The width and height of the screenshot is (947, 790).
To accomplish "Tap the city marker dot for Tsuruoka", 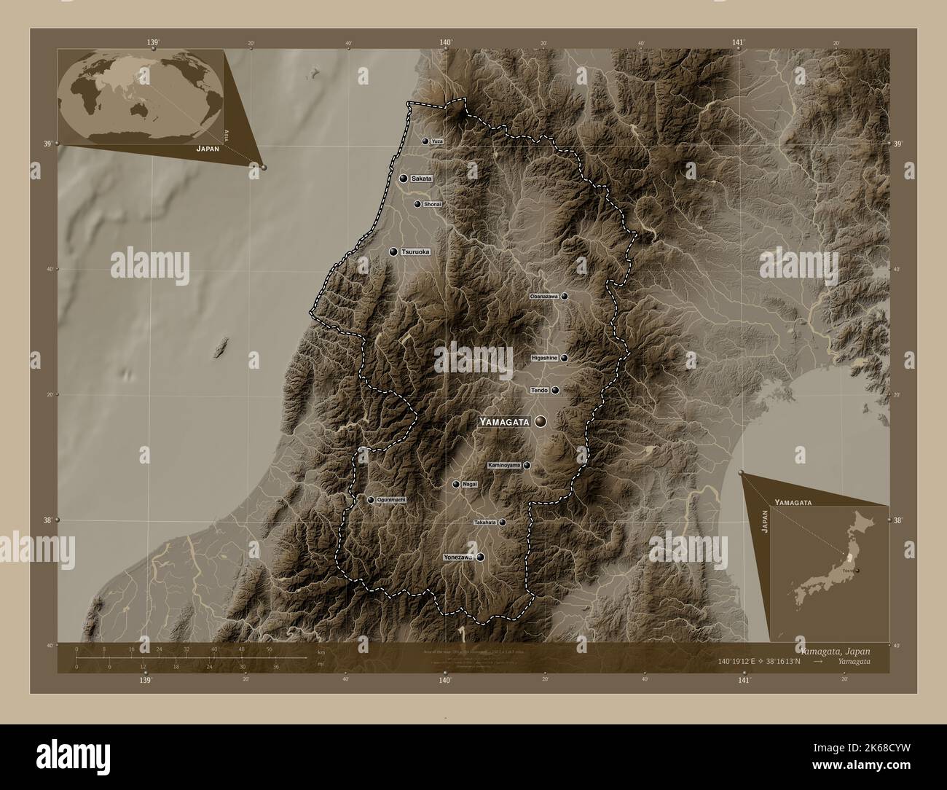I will click(x=393, y=252).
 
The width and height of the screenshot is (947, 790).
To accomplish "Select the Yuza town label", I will click(x=436, y=141).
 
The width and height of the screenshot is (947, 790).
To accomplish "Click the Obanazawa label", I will click(x=544, y=297).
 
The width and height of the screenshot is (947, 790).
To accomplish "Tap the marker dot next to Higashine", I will click(x=564, y=359).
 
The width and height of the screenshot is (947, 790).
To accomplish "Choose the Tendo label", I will click(x=540, y=391).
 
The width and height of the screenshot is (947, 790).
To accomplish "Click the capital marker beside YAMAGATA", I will click(x=541, y=422).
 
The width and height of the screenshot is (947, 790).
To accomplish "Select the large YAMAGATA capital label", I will click(x=503, y=422).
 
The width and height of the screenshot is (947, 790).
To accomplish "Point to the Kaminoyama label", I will click(x=504, y=465).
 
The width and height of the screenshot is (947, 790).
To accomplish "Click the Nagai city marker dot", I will click(x=456, y=485).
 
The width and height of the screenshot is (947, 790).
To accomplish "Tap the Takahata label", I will click(x=484, y=523).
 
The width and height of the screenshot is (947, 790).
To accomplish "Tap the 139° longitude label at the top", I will click(x=152, y=43).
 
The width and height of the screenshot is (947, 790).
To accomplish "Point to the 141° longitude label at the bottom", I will click(x=743, y=681).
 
